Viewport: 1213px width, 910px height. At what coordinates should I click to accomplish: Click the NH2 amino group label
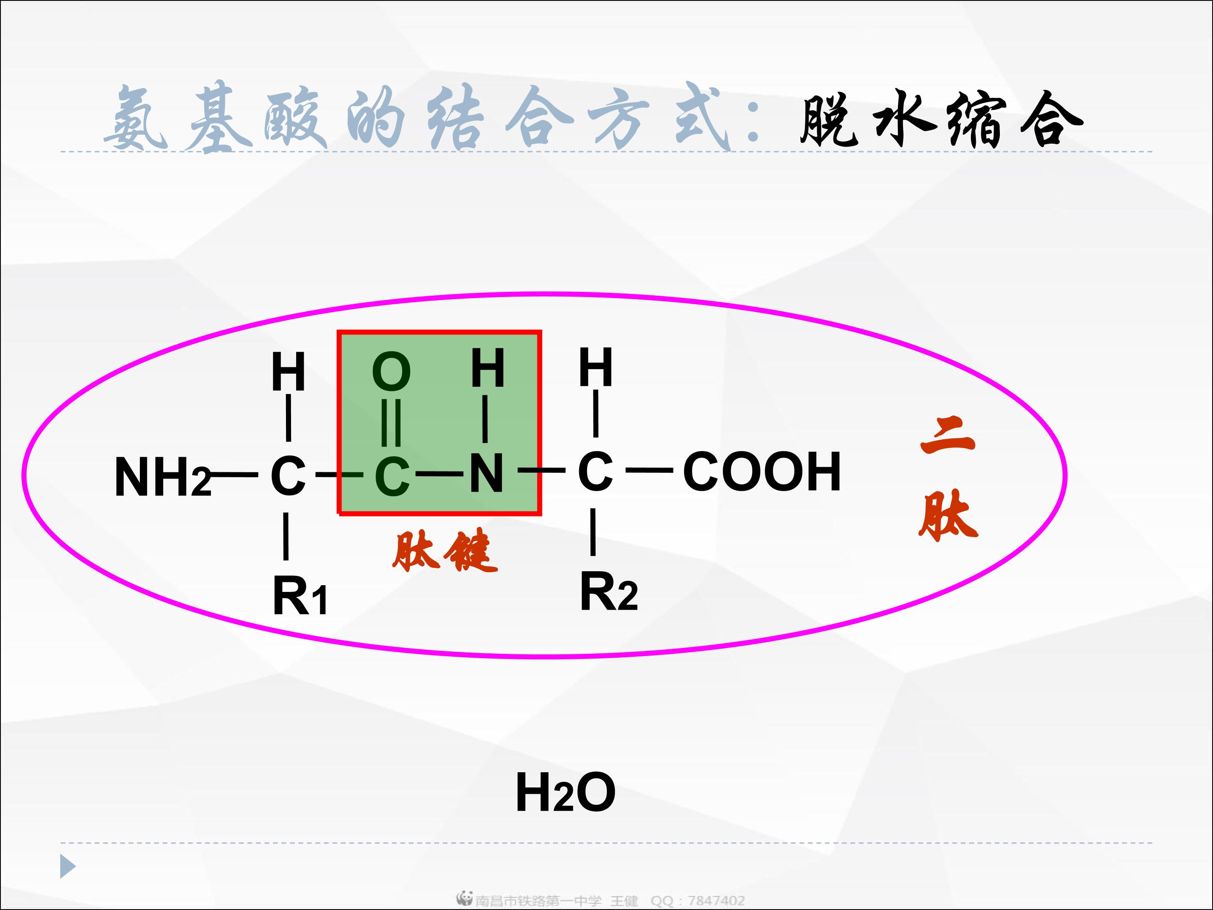pos(162,478)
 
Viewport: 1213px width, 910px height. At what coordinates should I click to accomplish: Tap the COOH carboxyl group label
pos(761,472)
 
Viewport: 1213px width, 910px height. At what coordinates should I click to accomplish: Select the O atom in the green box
pos(391,372)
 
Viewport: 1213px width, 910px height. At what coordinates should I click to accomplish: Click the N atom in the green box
pos(486,473)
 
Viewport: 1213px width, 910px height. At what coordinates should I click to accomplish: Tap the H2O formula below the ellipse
pos(565,792)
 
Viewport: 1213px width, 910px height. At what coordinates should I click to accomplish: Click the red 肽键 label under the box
pos(445,551)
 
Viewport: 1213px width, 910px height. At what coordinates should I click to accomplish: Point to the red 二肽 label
pos(948,478)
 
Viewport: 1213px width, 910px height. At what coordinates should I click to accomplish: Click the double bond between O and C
pos(391,423)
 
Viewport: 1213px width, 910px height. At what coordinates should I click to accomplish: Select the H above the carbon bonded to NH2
pos(289,372)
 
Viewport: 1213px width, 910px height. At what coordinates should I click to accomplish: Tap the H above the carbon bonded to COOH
pos(596,367)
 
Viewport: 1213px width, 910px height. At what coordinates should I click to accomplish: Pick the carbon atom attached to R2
pos(595,472)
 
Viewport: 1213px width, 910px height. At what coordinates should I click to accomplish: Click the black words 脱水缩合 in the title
pos(941,119)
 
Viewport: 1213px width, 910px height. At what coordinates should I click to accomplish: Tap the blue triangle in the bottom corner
pos(67,866)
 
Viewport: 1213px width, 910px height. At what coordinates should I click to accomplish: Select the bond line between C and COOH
pos(649,470)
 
